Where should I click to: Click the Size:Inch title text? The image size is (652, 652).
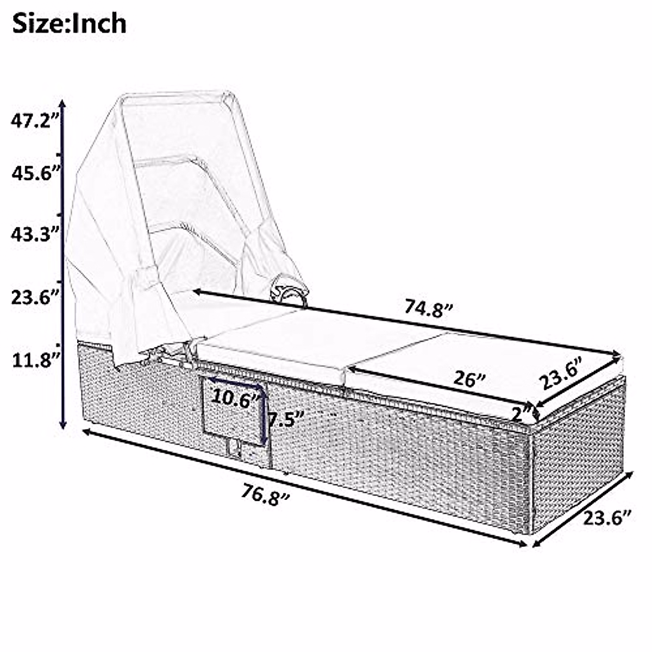click(70, 24)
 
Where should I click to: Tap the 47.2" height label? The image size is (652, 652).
click(35, 121)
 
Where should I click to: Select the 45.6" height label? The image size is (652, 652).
click(36, 174)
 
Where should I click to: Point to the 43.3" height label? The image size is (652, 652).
click(35, 234)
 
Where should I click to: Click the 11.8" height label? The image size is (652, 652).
click(36, 360)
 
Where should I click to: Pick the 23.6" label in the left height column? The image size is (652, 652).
click(36, 297)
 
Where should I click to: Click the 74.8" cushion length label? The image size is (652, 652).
click(429, 309)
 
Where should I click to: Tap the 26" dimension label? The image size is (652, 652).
click(469, 379)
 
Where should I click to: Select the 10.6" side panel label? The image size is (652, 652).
click(236, 399)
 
